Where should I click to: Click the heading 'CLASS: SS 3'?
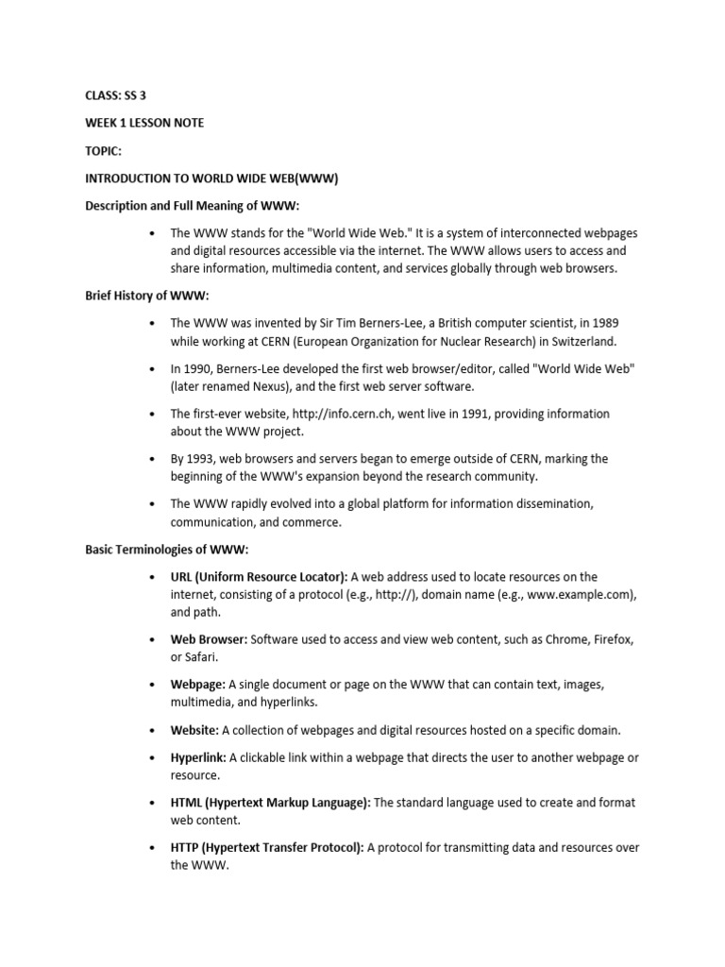117,96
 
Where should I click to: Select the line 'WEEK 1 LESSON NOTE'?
144,123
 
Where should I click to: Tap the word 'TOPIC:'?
104,150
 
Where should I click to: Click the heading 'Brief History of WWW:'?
144,296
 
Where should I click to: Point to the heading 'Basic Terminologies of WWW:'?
167,550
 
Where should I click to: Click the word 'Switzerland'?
582,341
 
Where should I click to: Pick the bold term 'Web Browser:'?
209,639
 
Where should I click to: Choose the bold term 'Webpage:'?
197,685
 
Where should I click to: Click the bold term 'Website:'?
194,730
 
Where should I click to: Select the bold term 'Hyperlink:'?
198,757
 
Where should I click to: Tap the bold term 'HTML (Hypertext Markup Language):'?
271,803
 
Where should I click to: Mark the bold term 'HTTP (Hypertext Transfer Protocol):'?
267,848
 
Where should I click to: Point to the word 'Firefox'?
613,639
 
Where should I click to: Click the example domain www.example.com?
582,594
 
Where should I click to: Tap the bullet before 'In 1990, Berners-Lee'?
151,368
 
